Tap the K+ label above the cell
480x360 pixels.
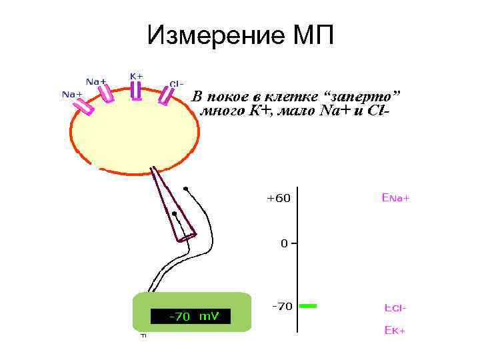tap(136, 76)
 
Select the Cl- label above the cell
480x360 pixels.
tap(177, 84)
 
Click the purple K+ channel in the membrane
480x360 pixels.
tap(136, 91)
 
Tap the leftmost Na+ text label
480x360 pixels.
tap(72, 94)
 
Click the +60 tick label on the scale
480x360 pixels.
tap(278, 198)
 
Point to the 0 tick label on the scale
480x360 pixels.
tap(284, 243)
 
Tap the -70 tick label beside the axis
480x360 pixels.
tap(282, 307)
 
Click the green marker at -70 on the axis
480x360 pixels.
tap(307, 306)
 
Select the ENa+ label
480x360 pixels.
tap(395, 198)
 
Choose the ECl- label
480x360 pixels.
tap(395, 308)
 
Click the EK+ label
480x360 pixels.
tap(394, 330)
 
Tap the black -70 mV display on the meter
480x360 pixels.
tap(191, 316)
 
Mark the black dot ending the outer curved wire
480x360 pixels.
tap(186, 189)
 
